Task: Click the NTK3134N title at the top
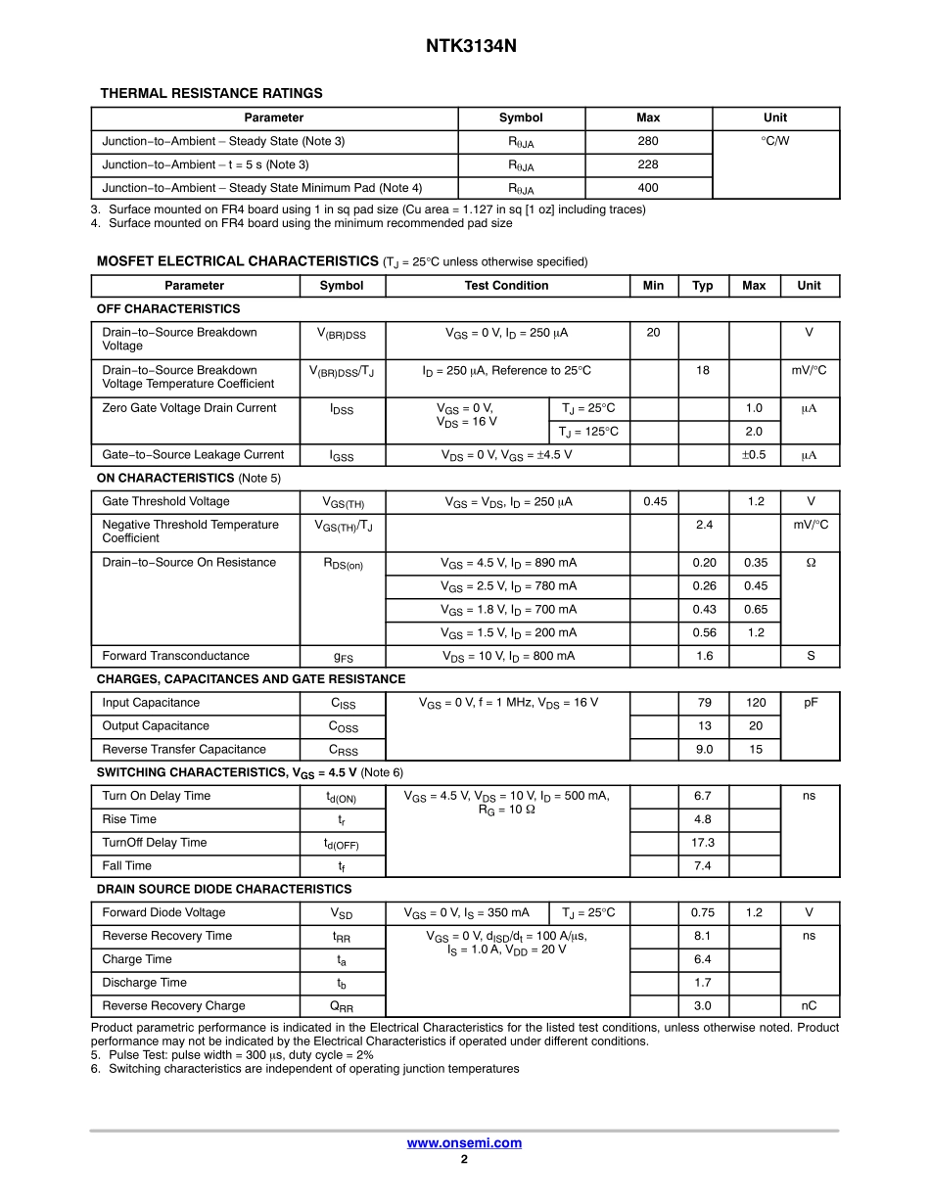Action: coord(464,46)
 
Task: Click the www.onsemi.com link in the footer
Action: coord(464,1142)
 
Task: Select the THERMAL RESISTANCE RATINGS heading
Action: coord(211,93)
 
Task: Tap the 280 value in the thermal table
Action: coord(648,141)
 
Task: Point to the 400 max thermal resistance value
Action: coord(648,188)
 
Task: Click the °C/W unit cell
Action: coord(775,141)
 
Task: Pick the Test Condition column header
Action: coord(506,286)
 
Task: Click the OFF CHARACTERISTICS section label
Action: coord(168,309)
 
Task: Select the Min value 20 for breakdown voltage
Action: coord(654,333)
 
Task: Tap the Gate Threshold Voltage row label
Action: coord(165,502)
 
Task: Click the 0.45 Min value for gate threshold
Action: coord(655,502)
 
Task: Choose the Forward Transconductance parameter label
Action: coord(175,656)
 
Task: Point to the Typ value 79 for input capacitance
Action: coord(704,703)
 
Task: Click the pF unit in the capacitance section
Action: coord(811,703)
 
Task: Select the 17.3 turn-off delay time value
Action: coord(703,843)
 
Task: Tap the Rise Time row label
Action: coord(129,819)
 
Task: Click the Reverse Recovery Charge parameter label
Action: coord(173,1006)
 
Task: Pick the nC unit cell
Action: coord(810,1006)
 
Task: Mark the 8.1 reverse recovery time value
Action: coord(703,936)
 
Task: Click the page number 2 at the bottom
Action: coord(464,1160)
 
